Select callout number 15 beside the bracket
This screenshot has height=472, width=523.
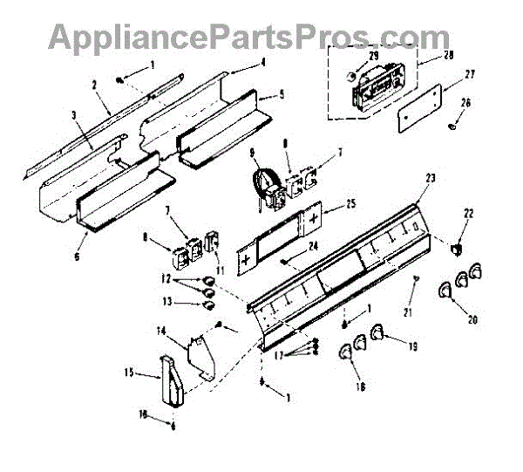tap(128, 373)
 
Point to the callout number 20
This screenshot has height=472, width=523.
tap(472, 319)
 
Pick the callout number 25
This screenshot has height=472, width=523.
tap(350, 204)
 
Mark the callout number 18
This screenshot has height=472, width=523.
tap(360, 386)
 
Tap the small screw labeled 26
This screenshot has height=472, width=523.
tap(453, 127)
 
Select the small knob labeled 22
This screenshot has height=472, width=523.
tap(454, 250)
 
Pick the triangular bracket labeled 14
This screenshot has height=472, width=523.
tap(199, 352)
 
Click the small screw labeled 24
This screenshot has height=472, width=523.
tap(286, 260)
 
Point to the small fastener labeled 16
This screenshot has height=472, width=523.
tap(173, 425)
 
